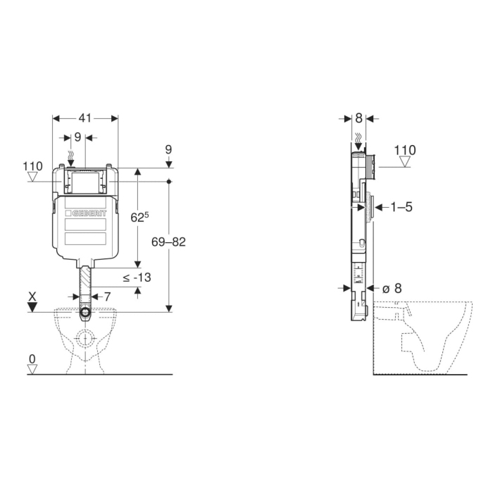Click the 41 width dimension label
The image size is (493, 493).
[85, 118]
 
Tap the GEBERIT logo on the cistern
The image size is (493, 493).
[86, 213]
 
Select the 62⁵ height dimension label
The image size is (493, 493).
[139, 217]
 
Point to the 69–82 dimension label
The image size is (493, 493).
[168, 242]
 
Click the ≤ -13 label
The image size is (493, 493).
[137, 277]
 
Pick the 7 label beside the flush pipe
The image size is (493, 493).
[107, 297]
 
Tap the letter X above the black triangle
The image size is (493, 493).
[32, 297]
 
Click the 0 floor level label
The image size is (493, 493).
[32, 358]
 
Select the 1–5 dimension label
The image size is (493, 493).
[401, 207]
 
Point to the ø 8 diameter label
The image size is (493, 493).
[392, 288]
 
